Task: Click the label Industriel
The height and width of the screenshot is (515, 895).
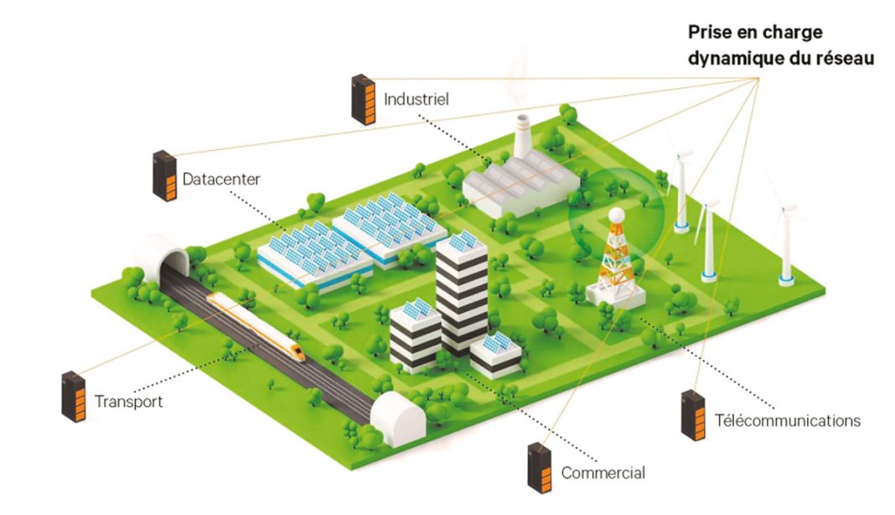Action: (x=416, y=99)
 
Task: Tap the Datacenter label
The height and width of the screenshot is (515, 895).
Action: (x=221, y=179)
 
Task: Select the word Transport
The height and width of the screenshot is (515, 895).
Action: (x=128, y=401)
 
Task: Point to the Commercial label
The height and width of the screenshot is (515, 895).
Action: (x=603, y=473)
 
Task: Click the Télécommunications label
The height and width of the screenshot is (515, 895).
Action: (x=788, y=420)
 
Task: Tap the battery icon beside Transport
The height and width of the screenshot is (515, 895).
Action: (x=74, y=396)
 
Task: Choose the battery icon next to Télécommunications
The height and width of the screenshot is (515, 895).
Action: (x=693, y=415)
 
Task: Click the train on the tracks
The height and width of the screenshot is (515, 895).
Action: (x=256, y=327)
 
